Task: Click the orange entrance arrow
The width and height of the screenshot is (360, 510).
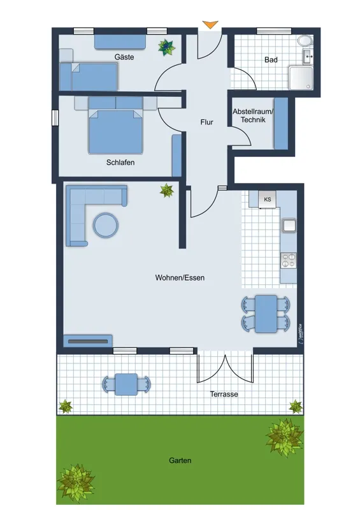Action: pos(210,24)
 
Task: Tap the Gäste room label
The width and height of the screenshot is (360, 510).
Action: pos(124,57)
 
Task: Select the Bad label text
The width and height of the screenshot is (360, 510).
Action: pos(271,60)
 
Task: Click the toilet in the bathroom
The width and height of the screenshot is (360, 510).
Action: pos(305,41)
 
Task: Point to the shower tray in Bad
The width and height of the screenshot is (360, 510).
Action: pos(301,78)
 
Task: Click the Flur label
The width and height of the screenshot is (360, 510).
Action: pos(207,122)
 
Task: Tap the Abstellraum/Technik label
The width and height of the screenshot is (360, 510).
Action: pos(253,115)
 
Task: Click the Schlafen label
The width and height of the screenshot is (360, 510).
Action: pos(120,163)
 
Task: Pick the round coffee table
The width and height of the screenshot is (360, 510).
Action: pos(106,225)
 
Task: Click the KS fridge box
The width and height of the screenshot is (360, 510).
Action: pos(268,199)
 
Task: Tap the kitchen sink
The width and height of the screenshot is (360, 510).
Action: pos(289,226)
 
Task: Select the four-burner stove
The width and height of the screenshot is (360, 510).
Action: pos(289,261)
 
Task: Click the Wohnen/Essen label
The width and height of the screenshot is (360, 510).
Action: pos(180,278)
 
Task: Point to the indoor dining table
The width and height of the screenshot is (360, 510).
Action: pos(266,314)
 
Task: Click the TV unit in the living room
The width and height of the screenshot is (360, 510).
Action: pos(88,341)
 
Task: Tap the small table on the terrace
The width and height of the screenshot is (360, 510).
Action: pos(126,384)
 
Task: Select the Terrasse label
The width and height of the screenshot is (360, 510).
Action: pos(224,394)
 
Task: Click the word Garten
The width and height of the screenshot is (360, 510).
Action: pos(180,460)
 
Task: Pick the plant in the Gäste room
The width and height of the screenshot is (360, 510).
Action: pos(166,47)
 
